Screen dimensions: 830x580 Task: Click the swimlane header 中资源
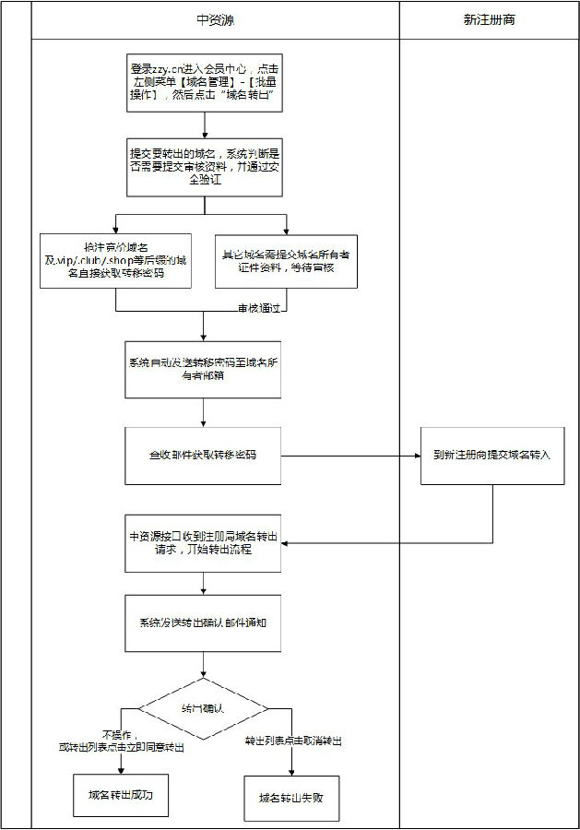tap(215, 19)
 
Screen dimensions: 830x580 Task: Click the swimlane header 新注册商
tap(489, 19)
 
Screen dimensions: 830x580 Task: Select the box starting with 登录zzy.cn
tap(204, 83)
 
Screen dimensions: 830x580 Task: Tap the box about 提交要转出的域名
tap(204, 167)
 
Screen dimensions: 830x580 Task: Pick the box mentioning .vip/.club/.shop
tap(115, 260)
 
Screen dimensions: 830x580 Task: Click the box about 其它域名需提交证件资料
tap(286, 260)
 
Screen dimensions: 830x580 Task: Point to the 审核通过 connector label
tap(257, 308)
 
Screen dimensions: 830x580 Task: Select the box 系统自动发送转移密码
tap(204, 369)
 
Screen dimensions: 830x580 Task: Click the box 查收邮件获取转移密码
tap(204, 456)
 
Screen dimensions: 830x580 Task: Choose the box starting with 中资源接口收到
tap(204, 544)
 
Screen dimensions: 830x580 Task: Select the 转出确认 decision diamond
tap(204, 708)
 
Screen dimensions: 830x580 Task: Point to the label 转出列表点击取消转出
tap(292, 741)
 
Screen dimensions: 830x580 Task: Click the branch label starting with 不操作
tap(122, 741)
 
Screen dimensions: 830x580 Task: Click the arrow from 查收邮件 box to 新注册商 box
tap(350, 456)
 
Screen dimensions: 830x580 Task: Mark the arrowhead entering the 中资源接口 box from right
tap(288, 544)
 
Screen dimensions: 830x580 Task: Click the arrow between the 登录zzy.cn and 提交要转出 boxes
tap(204, 125)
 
